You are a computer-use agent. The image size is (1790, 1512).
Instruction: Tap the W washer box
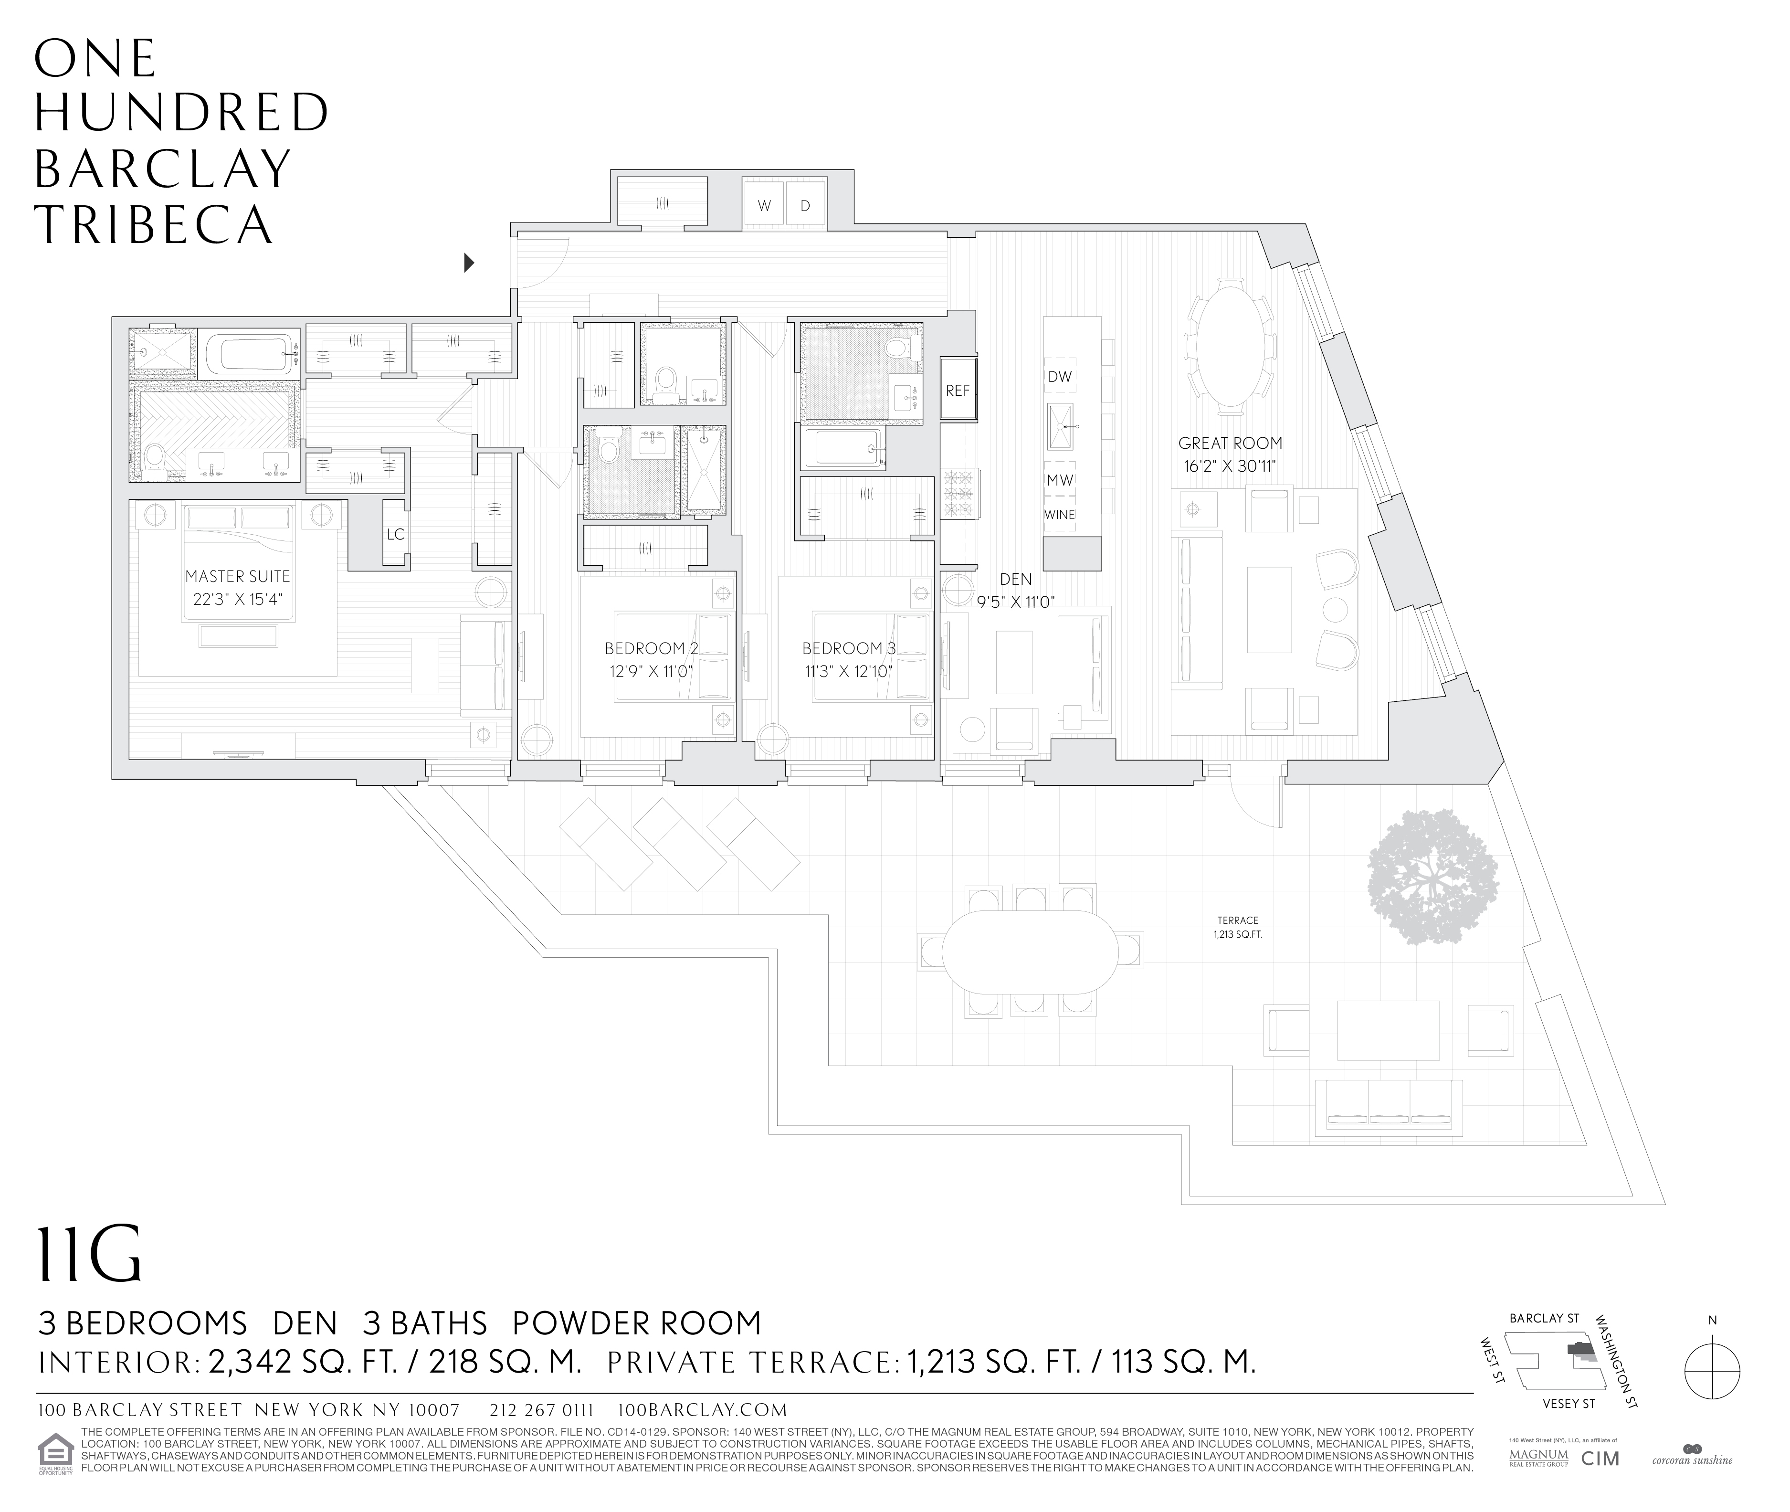click(763, 206)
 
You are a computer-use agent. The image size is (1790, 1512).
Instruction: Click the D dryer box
click(805, 206)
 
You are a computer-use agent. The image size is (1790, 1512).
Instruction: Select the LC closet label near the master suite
click(395, 535)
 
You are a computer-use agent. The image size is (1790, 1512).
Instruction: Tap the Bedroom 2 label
click(650, 649)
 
